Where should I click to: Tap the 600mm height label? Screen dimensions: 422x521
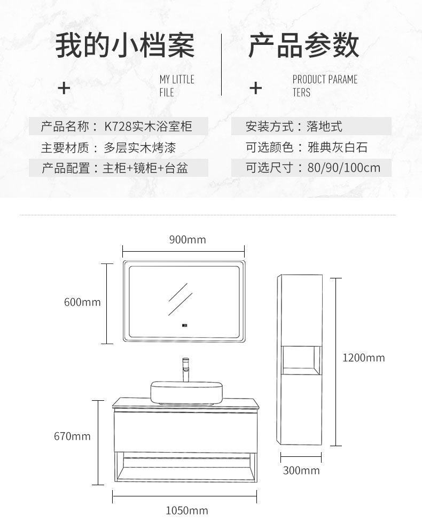(82, 302)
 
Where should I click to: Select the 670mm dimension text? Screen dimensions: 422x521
(72, 437)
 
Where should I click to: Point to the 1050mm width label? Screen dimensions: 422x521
(186, 511)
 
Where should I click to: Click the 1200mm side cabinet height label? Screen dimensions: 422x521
(363, 358)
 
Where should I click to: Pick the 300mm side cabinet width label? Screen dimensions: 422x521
(301, 471)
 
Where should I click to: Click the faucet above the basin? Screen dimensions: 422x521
(186, 368)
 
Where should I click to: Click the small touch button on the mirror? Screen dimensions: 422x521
(185, 324)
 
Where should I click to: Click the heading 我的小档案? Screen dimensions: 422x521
(126, 45)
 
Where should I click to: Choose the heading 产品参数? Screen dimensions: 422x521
(303, 45)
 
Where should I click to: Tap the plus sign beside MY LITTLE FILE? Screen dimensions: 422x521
(64, 88)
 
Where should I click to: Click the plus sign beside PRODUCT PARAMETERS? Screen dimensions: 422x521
(256, 88)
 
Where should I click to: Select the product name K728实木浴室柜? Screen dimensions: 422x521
(148, 127)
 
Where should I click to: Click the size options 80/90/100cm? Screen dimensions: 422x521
(344, 168)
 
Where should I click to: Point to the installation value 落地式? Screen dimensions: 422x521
(324, 127)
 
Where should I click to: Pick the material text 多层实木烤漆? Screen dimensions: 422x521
(139, 147)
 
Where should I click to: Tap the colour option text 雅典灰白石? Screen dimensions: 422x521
(338, 147)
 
